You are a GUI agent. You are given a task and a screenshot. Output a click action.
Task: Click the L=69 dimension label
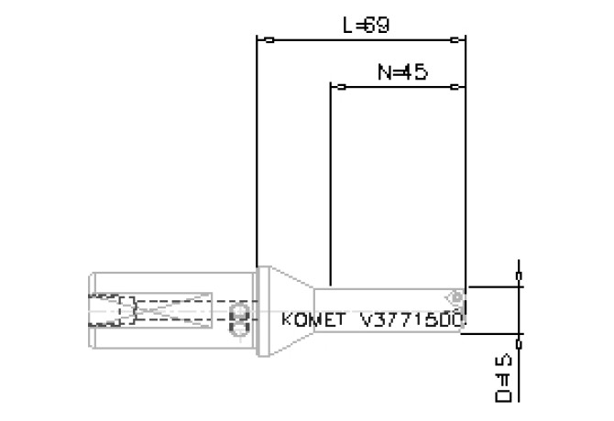pos(366,26)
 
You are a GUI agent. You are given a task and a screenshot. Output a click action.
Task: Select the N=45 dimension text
pos(401,71)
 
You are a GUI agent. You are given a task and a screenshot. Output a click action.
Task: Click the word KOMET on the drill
pos(312,320)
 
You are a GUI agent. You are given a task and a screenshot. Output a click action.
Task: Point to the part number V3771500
pos(414,320)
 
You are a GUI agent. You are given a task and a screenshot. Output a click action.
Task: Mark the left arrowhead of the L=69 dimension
pos(267,40)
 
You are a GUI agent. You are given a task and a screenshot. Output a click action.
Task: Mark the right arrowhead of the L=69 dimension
pos(455,40)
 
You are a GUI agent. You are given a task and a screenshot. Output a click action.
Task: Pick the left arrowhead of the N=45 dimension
pos(339,88)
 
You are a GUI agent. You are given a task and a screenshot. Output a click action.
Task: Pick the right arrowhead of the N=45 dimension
pos(455,88)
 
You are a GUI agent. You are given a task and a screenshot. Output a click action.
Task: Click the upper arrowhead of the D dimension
pos(521,275)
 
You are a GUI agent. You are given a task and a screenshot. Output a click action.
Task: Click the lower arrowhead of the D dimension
pos(521,344)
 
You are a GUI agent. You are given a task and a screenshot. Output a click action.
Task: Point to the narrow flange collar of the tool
pos(260,311)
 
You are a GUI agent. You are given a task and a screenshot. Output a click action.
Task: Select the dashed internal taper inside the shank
pos(174,312)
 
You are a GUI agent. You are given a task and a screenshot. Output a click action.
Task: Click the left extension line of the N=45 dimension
pos(330,183)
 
